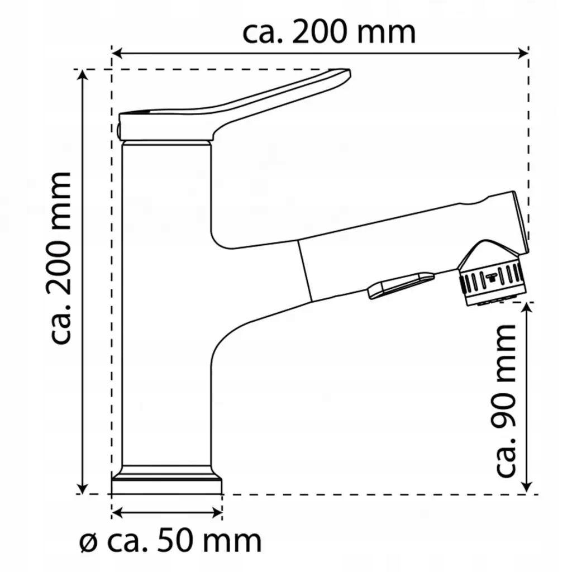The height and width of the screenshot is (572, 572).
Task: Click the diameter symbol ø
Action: [88, 542]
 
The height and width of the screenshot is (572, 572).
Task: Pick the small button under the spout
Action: [399, 284]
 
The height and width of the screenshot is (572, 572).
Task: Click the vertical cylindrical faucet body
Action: [166, 302]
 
